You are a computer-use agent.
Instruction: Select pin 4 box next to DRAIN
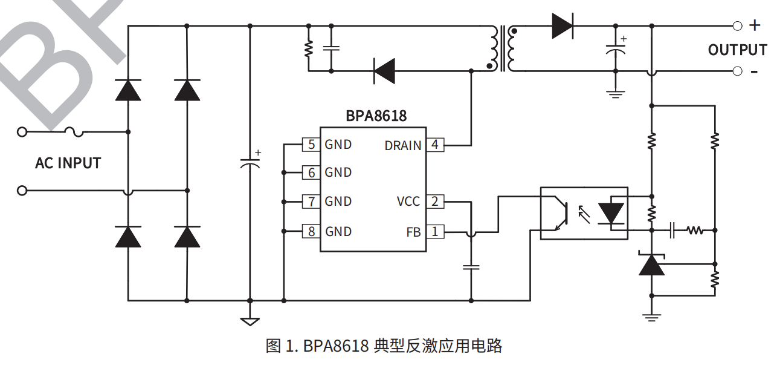click(x=434, y=145)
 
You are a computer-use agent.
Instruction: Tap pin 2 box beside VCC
click(x=434, y=202)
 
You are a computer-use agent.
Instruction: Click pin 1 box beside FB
click(x=434, y=231)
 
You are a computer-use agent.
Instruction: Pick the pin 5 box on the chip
click(x=311, y=145)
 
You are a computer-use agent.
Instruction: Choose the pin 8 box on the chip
click(x=311, y=231)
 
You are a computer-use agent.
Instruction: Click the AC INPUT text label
click(x=68, y=163)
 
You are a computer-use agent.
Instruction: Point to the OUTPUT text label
click(x=737, y=50)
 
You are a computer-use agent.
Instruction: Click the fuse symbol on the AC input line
click(x=73, y=131)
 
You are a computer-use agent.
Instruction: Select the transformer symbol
click(x=503, y=48)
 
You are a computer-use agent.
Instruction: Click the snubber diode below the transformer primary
click(x=384, y=71)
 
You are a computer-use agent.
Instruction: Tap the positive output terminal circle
click(x=737, y=26)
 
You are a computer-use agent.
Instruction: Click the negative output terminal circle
click(x=737, y=71)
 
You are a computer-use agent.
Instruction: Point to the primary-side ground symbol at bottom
click(x=250, y=321)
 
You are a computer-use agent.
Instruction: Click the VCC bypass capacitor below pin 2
click(x=471, y=266)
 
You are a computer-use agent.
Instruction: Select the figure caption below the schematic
click(x=384, y=346)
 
